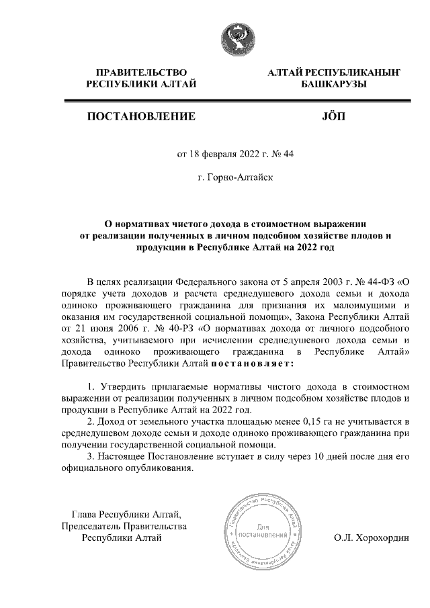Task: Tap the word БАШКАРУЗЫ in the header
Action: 333,84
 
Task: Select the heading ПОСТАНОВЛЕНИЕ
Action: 141,116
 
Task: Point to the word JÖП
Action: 333,116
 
